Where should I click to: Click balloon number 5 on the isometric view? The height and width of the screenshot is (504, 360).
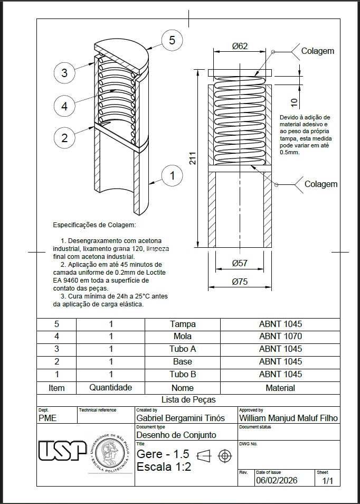tap(172, 40)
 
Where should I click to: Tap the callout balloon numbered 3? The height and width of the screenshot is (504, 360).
tap(64, 73)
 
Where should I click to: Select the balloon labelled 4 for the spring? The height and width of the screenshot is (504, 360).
tap(64, 106)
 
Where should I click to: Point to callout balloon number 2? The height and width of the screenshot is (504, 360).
tap(64, 138)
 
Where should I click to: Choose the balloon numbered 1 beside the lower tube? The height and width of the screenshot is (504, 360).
tap(173, 175)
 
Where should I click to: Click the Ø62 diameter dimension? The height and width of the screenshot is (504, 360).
tap(240, 46)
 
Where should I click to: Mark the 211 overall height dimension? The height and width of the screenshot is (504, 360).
tap(193, 158)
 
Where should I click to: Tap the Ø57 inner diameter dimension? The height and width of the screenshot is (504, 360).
tap(240, 263)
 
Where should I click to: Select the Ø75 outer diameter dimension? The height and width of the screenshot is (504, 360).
tap(240, 282)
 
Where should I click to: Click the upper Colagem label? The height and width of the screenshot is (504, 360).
tap(318, 51)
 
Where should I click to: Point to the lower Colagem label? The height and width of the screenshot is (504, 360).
tap(321, 184)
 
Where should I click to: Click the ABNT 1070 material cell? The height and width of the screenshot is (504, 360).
tap(280, 336)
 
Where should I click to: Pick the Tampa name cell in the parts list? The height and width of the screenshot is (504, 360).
tap(183, 324)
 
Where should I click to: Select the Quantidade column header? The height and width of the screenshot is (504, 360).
tap(110, 387)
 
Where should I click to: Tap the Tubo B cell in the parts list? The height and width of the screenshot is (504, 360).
tap(183, 374)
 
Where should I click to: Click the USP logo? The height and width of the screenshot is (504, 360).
tap(63, 450)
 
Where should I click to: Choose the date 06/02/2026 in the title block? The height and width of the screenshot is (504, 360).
tap(277, 481)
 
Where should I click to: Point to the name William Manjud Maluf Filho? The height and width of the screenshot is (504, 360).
tap(288, 418)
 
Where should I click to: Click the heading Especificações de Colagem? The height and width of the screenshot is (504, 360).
tap(94, 225)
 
